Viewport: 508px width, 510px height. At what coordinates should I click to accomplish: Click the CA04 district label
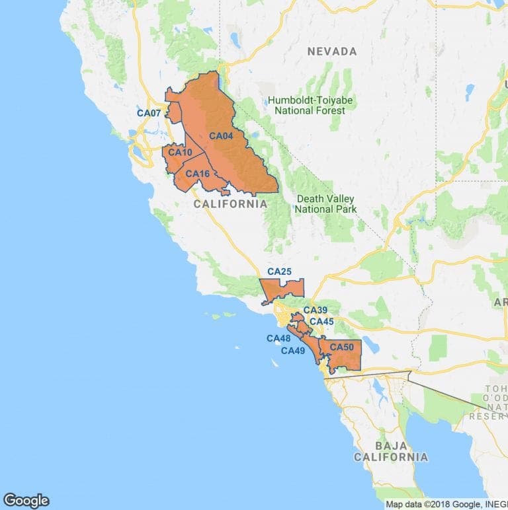point(221,136)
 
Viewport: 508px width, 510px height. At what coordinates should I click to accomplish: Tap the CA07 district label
point(149,113)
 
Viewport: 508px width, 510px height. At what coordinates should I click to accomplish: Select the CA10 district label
point(180,153)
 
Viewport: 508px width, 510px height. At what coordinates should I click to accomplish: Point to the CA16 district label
point(197,174)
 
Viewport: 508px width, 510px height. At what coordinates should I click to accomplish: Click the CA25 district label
point(279,272)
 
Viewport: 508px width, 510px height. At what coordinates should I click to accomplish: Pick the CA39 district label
point(316,310)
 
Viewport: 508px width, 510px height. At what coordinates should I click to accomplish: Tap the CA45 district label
point(321,322)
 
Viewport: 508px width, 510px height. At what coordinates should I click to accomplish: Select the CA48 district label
point(278,338)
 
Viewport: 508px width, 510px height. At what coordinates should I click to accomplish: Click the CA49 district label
point(293,351)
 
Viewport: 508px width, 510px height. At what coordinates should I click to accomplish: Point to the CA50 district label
point(341,347)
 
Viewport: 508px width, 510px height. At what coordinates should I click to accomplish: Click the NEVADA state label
point(331,52)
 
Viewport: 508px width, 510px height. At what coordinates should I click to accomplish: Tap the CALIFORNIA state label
point(230,204)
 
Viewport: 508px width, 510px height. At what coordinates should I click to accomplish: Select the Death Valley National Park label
point(325,204)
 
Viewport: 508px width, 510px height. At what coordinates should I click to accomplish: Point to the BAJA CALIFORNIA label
point(390,451)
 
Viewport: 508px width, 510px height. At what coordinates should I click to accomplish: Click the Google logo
point(26,500)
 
